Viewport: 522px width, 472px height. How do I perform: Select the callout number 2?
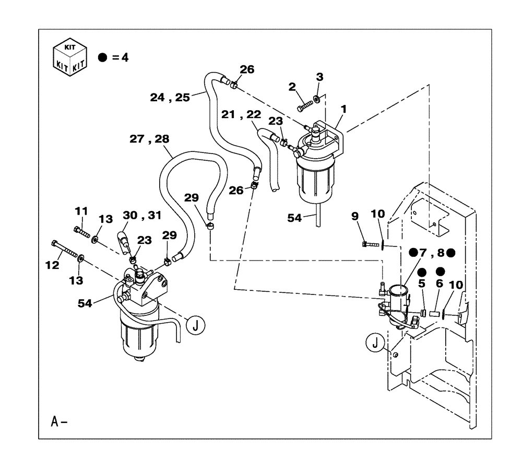[292, 87]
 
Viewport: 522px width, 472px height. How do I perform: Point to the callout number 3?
[319, 77]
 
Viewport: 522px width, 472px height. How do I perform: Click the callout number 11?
[81, 211]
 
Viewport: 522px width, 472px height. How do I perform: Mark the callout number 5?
[422, 285]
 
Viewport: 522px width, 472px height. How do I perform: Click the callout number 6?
[439, 285]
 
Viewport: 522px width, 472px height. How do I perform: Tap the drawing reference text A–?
[59, 421]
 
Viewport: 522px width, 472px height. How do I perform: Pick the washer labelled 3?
[318, 98]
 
